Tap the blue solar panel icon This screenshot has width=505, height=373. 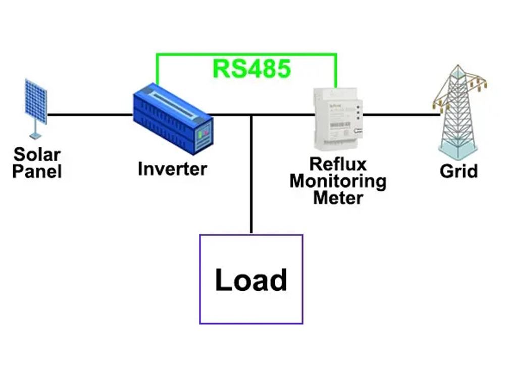pyautogui.click(x=36, y=101)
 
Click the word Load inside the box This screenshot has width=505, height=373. pyautogui.click(x=251, y=280)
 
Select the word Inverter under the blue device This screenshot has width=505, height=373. pyautogui.click(x=172, y=169)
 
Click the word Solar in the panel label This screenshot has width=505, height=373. pyautogui.click(x=37, y=154)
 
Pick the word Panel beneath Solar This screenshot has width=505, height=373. pyautogui.click(x=37, y=171)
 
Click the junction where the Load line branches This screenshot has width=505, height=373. pyautogui.click(x=251, y=115)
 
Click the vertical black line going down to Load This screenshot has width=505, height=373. pyautogui.click(x=251, y=177)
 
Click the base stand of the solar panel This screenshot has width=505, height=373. pyautogui.click(x=35, y=135)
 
